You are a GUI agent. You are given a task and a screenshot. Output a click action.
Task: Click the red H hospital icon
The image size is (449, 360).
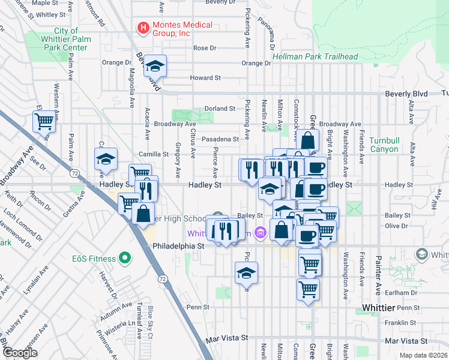click(143, 27)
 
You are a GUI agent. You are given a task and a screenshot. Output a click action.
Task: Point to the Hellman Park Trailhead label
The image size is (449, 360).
click(315, 57)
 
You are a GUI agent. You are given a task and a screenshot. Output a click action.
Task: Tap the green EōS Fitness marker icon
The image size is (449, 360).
click(125, 259)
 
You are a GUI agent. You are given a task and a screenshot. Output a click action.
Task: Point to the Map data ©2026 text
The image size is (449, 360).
click(424, 355)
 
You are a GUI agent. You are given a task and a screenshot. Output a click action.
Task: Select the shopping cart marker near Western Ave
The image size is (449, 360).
click(44, 121)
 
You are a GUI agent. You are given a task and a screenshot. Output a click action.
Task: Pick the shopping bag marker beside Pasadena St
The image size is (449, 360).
click(307, 140)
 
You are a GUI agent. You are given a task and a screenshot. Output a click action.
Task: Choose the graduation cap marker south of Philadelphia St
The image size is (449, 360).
click(246, 273)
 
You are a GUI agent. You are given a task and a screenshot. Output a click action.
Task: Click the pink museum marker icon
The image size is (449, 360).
click(259, 232)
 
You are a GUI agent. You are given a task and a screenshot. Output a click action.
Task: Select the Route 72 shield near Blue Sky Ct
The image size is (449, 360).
click(163, 279)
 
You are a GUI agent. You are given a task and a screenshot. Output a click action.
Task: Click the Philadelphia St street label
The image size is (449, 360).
click(179, 246)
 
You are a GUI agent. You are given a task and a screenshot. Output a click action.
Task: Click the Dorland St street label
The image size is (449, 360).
click(219, 109)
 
